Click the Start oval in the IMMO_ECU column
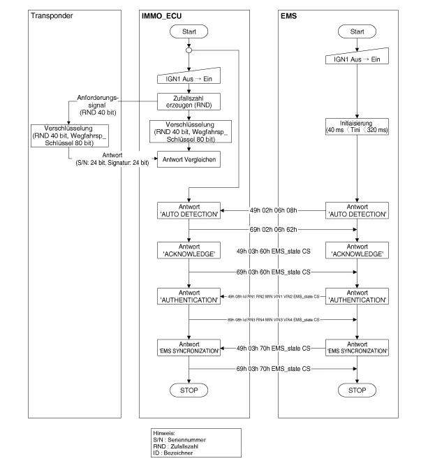click(x=189, y=31)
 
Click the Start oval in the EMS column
click(x=357, y=31)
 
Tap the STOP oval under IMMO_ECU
click(x=189, y=390)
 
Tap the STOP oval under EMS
click(x=357, y=390)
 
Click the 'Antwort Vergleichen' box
click(x=189, y=159)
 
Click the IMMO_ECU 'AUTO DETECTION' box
click(x=189, y=210)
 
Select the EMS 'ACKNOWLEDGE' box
click(x=357, y=251)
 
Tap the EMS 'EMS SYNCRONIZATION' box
click(x=357, y=348)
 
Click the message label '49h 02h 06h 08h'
click(x=273, y=209)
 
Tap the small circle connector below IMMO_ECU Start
click(x=189, y=50)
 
